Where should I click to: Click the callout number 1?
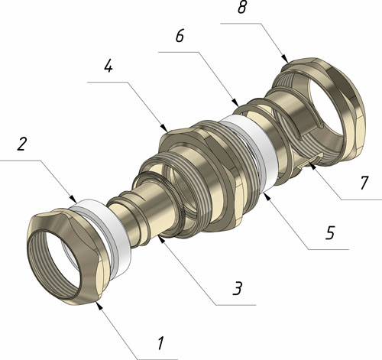click(x=160, y=343)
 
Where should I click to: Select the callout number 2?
click(x=21, y=144)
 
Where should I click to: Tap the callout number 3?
click(x=237, y=288)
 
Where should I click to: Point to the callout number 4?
click(x=108, y=66)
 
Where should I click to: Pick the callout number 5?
click(x=329, y=232)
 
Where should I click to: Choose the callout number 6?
click(x=180, y=36)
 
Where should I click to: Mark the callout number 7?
click(x=364, y=183)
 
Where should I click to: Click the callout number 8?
click(x=242, y=7)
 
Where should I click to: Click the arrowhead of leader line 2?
click(x=73, y=199)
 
